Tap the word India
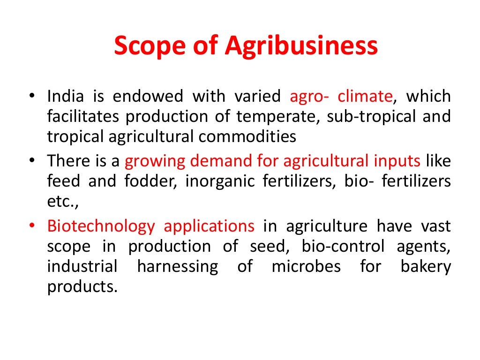click(66, 97)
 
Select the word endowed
click(148, 97)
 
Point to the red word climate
click(365, 97)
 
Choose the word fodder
click(150, 181)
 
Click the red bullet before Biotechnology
click(31, 226)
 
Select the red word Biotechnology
click(101, 226)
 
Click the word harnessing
click(178, 266)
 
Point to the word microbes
click(306, 266)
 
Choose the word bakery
click(426, 266)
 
